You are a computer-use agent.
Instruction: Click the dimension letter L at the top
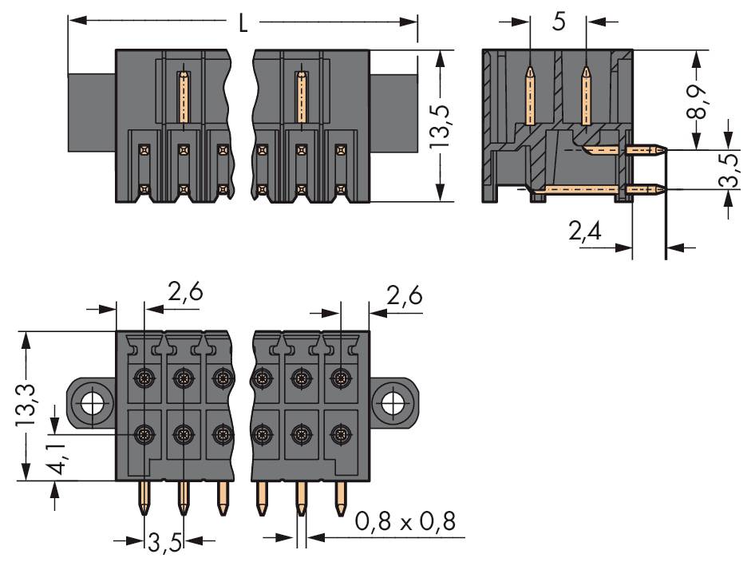click(x=243, y=22)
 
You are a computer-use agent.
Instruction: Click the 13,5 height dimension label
click(x=439, y=125)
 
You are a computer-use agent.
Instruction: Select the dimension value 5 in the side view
click(x=559, y=22)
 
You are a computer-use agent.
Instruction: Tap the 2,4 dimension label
click(x=585, y=232)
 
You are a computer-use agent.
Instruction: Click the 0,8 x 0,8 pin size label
click(x=405, y=521)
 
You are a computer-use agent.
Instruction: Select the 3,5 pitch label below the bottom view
click(x=164, y=544)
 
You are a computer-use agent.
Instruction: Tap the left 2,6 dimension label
click(x=185, y=292)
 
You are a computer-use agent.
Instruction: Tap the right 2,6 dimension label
click(x=405, y=295)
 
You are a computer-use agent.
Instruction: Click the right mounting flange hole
click(x=394, y=402)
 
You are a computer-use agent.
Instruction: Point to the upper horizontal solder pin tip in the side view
click(x=666, y=150)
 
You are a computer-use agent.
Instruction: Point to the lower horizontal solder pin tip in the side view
click(x=666, y=189)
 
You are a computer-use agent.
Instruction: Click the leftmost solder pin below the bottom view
click(x=144, y=498)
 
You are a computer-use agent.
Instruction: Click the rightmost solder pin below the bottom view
click(x=341, y=498)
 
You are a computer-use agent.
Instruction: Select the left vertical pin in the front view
click(x=184, y=97)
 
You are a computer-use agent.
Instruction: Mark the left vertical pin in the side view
click(x=530, y=96)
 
